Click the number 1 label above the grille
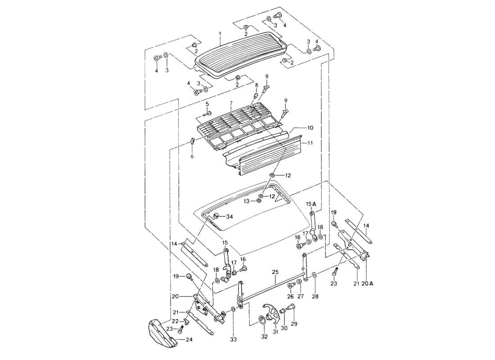[220, 34]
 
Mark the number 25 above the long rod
[275, 272]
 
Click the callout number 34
[229, 217]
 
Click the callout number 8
[256, 85]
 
